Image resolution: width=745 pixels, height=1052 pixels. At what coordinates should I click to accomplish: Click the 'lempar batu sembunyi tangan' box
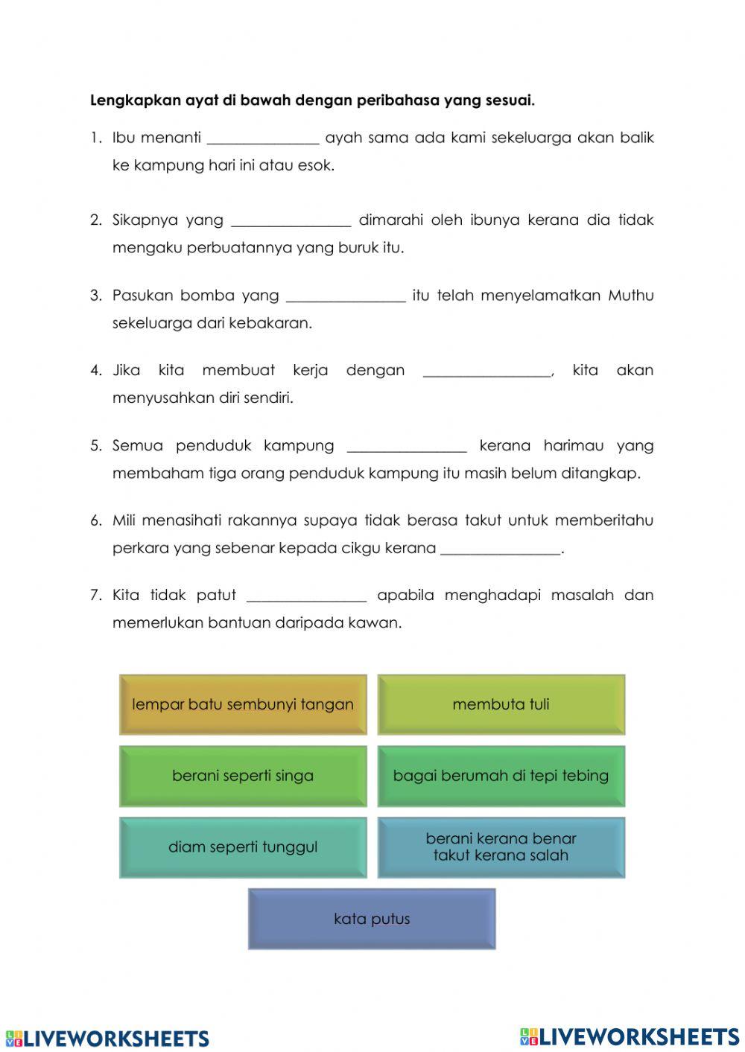click(x=243, y=704)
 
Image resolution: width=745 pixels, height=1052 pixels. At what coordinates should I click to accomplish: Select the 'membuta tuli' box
click(x=501, y=704)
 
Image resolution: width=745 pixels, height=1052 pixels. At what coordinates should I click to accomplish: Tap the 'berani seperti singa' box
click(x=243, y=776)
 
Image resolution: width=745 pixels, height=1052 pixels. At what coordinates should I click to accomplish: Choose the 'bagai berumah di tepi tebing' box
click(x=501, y=776)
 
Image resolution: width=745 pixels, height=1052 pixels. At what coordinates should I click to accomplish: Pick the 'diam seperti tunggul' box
click(x=243, y=847)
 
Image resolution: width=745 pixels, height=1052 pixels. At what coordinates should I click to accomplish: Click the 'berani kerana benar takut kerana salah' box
click(x=501, y=847)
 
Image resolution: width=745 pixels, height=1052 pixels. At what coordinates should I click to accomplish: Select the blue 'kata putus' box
click(x=372, y=919)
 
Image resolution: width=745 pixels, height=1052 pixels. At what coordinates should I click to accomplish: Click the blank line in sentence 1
click(x=263, y=139)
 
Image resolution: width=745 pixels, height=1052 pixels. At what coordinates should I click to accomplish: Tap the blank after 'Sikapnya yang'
click(x=291, y=222)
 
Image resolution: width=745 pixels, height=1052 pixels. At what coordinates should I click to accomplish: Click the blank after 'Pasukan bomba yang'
click(x=346, y=297)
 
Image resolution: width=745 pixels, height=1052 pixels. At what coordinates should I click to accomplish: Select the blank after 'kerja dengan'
click(x=487, y=372)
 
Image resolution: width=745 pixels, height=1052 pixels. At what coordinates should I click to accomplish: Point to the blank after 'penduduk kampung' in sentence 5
click(x=407, y=447)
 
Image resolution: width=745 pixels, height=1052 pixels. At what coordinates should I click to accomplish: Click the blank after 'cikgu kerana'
click(x=500, y=550)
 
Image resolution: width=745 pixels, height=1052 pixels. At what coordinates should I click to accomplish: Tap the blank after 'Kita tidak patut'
click(x=306, y=597)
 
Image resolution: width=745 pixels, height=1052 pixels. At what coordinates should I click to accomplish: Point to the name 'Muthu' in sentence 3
click(x=630, y=296)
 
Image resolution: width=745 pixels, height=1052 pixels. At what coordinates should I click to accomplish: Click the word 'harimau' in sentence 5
click(x=574, y=446)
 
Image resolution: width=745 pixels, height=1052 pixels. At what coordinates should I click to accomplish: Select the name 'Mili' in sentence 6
click(x=124, y=520)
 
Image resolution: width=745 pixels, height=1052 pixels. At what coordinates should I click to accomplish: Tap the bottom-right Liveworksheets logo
click(x=630, y=1037)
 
